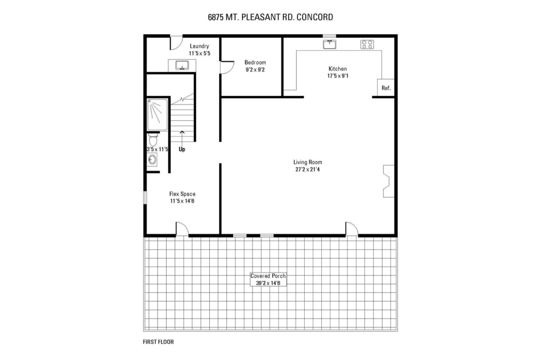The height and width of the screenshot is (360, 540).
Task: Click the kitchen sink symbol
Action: (x=329, y=45)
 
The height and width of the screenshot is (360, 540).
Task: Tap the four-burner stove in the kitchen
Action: (x=367, y=45)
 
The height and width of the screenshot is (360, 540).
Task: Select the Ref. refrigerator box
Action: (x=386, y=88)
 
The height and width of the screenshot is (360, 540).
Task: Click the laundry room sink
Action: (x=182, y=65)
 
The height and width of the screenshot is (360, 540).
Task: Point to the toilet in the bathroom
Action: (x=153, y=140)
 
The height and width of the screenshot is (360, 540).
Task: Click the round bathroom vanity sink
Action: (x=152, y=159)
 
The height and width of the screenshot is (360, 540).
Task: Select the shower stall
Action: (x=157, y=115)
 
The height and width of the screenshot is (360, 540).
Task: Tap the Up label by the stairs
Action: (x=182, y=149)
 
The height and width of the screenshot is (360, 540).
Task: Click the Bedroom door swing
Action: (x=227, y=67)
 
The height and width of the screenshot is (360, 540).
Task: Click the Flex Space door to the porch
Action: (x=182, y=229)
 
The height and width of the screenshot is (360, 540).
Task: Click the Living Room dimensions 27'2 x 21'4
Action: (x=308, y=170)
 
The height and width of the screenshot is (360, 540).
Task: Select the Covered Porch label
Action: (x=268, y=276)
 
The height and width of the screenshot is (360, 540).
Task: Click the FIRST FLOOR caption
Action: (x=158, y=342)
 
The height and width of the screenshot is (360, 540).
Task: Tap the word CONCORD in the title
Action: (x=315, y=17)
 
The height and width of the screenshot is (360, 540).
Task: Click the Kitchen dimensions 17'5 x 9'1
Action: (x=338, y=76)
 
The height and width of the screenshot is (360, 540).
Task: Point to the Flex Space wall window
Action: (x=145, y=198)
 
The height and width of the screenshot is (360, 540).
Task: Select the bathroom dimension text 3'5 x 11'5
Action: (x=157, y=149)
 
